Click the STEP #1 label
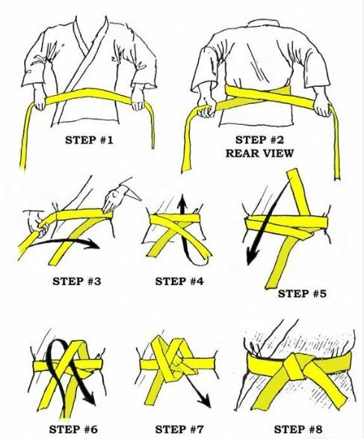pos(89,140)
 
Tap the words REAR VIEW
pos(259,153)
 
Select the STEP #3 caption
pos(77,281)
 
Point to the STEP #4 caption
pos(179,281)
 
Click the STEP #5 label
pos(302,294)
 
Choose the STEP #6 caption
pos(73,429)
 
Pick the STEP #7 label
pos(179,429)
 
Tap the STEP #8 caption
pos(298,429)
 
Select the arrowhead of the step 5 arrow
pos(252,257)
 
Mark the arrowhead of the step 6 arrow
pos(91,398)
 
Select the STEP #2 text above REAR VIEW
pos(259,140)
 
